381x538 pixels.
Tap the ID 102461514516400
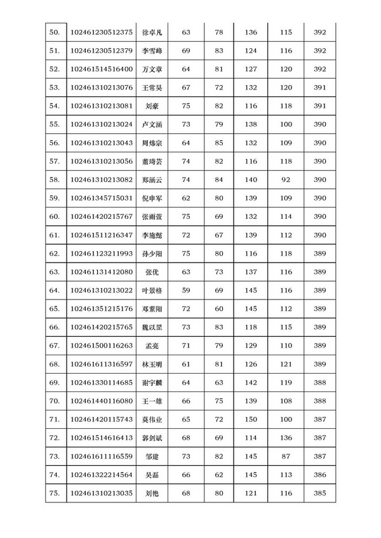[102, 69]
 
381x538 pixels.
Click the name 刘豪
[152, 105]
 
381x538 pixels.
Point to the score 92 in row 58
[284, 180]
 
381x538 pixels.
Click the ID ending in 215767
[102, 217]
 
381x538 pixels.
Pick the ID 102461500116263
[102, 346]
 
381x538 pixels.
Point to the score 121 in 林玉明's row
[284, 364]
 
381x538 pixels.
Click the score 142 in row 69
[251, 383]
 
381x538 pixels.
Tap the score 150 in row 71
[251, 419]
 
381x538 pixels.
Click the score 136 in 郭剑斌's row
[284, 438]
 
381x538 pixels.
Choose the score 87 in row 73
[284, 456]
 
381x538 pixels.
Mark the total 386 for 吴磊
[319, 475]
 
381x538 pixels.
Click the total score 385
[319, 493]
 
